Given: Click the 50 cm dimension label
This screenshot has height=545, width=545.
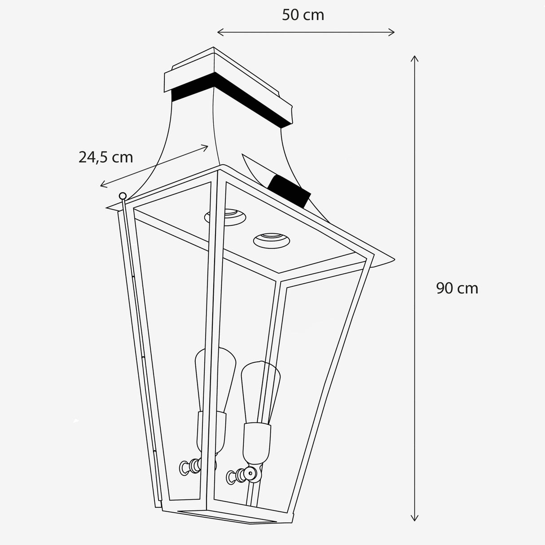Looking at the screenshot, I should (303, 15).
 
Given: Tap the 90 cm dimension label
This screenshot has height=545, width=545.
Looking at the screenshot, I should (457, 288).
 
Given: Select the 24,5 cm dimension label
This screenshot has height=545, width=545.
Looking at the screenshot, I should (106, 157).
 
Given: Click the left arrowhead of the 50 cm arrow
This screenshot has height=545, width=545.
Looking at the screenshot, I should (219, 32).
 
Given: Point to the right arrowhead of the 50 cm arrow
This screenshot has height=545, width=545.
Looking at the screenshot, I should (393, 32).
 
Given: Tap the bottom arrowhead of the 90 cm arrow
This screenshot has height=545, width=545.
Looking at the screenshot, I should (415, 519).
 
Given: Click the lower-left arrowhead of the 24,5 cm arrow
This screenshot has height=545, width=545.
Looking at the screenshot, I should (102, 185).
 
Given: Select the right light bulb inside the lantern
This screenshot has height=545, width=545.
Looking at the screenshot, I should (260, 386).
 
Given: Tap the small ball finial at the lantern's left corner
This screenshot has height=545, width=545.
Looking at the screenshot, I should (122, 196).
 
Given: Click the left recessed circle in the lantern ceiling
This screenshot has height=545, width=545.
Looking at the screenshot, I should (225, 216).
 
